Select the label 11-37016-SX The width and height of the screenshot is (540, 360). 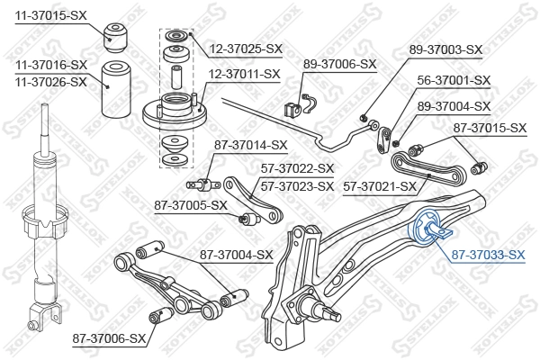[50, 65]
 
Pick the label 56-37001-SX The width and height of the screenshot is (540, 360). [454, 80]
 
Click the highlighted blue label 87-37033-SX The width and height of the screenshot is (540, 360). [487, 255]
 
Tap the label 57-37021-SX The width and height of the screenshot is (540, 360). [381, 186]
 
